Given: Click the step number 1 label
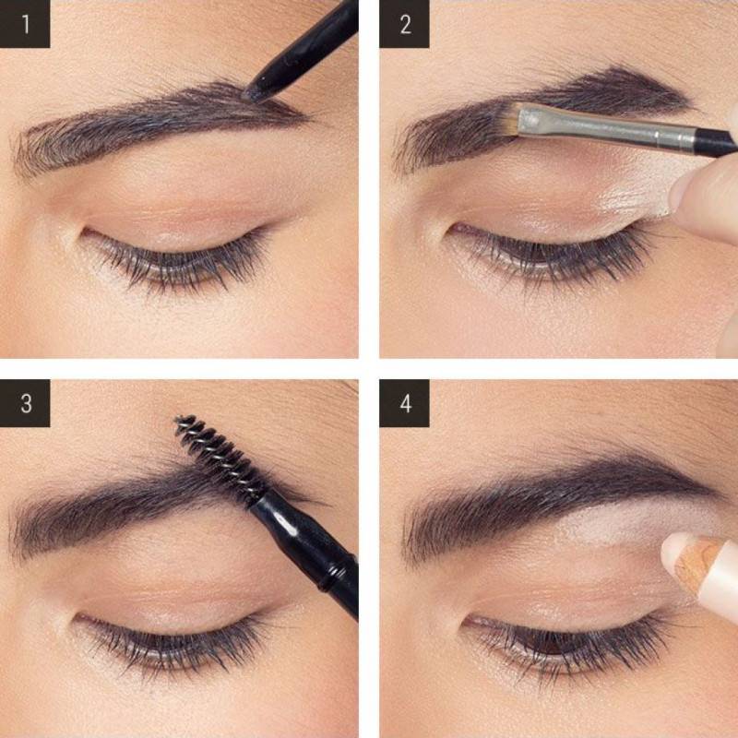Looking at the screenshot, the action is tap(25, 24).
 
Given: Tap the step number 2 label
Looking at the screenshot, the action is tap(404, 24).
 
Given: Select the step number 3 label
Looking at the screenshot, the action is tap(25, 403).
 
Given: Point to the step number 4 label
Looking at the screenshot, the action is tap(404, 403).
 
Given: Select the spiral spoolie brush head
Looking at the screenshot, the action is tap(220, 454).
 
